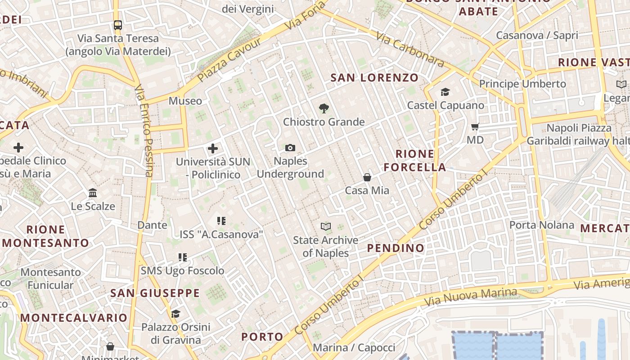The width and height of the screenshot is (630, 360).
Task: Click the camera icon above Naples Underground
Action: [290, 148]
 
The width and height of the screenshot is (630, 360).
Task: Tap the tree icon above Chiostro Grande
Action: [323, 108]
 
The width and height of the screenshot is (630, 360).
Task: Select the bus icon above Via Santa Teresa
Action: [118, 25]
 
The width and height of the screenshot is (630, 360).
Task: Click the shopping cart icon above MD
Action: [475, 127]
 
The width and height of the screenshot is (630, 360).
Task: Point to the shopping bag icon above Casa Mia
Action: [367, 177]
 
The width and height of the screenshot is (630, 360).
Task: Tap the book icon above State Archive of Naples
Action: [325, 226]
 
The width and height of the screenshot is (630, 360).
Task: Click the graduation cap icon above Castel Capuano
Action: [445, 92]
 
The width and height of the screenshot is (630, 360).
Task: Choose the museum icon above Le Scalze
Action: [93, 193]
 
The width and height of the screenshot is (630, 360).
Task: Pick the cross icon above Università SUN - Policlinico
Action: [213, 148]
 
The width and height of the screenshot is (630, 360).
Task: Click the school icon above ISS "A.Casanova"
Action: [221, 220]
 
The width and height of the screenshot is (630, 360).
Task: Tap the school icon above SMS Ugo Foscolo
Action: [182, 257]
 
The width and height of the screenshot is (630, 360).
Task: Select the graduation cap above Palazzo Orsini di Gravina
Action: [175, 313]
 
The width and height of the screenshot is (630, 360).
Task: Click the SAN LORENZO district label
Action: [374, 78]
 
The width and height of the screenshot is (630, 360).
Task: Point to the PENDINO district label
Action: [396, 248]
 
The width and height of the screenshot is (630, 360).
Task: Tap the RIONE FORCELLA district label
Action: [415, 161]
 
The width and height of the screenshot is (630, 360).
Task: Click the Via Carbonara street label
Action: [409, 50]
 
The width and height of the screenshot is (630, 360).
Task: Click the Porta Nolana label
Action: [541, 225]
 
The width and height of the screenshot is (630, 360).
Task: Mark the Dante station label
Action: [152, 225]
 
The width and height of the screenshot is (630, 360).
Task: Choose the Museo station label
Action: [185, 101]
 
